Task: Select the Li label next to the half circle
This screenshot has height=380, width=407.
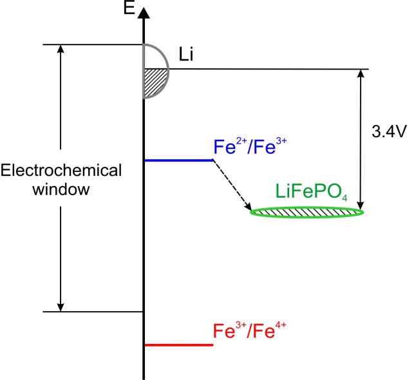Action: [187, 56]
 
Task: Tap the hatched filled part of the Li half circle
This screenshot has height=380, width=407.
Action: [155, 82]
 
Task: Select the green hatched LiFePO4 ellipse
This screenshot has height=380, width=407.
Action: [308, 211]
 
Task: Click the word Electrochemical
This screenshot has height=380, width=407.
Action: [61, 171]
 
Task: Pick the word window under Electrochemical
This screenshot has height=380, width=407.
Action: [61, 191]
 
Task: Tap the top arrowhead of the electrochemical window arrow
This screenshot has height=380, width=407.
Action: [60, 50]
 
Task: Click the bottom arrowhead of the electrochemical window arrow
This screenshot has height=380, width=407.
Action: [60, 305]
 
